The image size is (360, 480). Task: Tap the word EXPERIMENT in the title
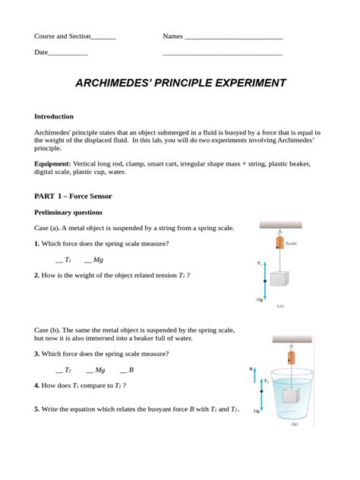coord(246,82)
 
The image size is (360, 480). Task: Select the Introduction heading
coord(54,116)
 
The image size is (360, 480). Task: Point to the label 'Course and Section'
coord(62,36)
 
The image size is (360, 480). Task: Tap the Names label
coord(173,36)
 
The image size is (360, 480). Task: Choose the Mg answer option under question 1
coord(98,260)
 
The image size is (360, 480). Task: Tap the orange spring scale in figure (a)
coord(278,242)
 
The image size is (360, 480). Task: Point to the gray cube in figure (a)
coord(279,279)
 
